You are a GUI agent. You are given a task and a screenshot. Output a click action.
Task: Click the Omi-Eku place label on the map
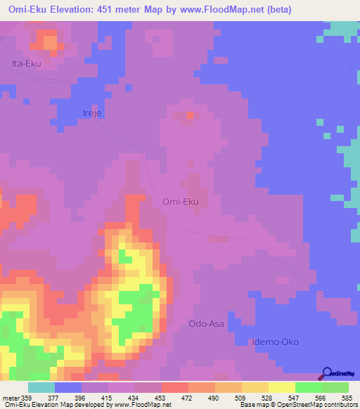tap(181, 202)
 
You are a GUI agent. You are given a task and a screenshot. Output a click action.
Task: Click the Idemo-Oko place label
tap(276, 342)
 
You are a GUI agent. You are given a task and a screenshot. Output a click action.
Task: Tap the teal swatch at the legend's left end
tap(41, 387)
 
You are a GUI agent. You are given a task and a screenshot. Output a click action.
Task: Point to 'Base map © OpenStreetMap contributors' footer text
tap(298, 405)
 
